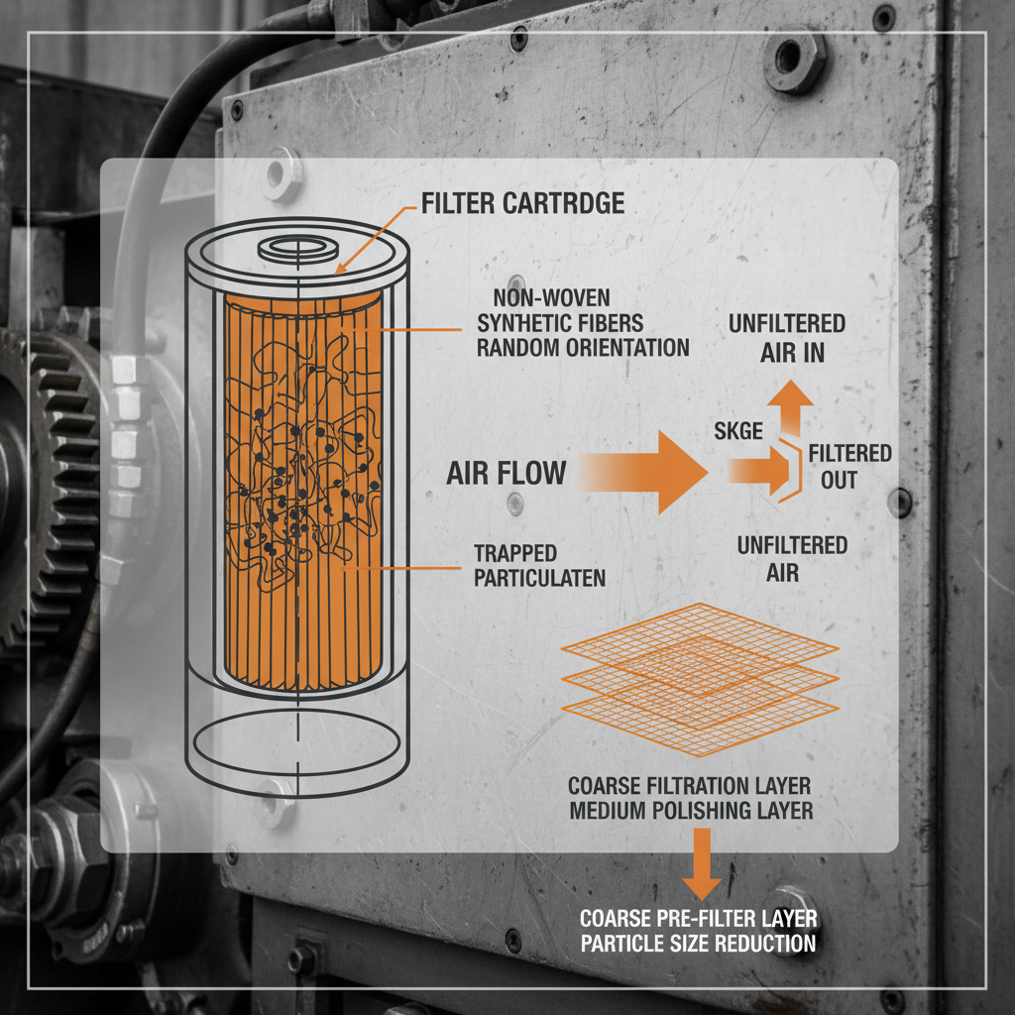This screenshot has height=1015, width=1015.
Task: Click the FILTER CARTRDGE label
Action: [x=522, y=203]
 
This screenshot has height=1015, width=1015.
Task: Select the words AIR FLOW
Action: [x=506, y=473]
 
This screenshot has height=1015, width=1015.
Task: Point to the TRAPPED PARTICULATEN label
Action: [x=539, y=566]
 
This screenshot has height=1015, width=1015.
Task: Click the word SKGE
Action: [x=738, y=430]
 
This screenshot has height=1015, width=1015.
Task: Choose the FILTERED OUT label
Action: [x=849, y=467]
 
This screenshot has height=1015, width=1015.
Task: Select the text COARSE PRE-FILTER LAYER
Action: [x=698, y=918]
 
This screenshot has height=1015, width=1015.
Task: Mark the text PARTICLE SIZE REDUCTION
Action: [x=698, y=943]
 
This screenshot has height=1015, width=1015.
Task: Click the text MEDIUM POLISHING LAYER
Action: [x=690, y=811]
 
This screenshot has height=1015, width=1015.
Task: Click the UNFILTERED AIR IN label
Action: [x=786, y=338]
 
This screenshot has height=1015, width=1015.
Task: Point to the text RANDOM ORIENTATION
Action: [x=583, y=348]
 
